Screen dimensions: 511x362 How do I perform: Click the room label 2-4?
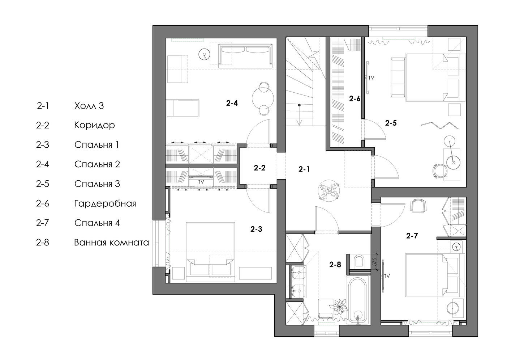pos(232,103)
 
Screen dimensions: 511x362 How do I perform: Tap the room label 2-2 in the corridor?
pos(259,168)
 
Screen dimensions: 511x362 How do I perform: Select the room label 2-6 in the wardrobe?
pos(355,98)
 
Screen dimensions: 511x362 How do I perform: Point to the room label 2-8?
pos(335,264)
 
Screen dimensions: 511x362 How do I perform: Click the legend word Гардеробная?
pos(105,203)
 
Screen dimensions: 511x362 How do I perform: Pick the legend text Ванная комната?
pos(112,242)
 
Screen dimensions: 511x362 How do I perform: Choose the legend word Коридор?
pos(94,125)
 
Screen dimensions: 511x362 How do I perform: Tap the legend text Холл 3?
pos(89,106)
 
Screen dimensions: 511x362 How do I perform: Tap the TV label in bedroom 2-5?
pos(371,78)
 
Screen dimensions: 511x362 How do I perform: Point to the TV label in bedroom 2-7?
pos(387,276)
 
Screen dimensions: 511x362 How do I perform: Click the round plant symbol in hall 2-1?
pos(328,190)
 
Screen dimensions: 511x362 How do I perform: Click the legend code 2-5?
pos(42,184)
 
